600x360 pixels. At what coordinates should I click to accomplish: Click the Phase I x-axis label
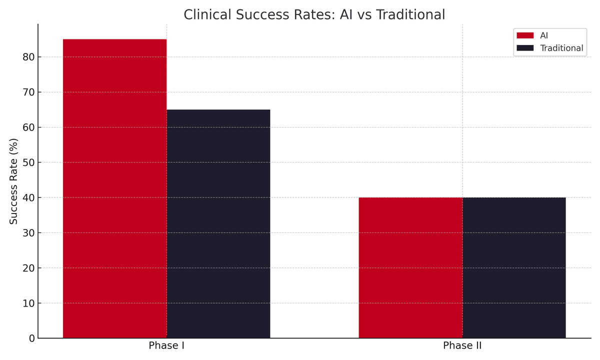pyautogui.click(x=166, y=346)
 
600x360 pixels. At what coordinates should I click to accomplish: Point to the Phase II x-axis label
pyautogui.click(x=462, y=346)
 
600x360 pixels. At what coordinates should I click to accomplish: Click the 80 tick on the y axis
pyautogui.click(x=28, y=57)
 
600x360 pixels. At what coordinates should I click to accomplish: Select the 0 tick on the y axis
pyautogui.click(x=32, y=338)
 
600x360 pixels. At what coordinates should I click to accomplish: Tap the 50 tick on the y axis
pyautogui.click(x=28, y=162)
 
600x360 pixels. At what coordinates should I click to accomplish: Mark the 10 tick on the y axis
pyautogui.click(x=28, y=303)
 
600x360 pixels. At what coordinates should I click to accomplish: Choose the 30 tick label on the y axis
pyautogui.click(x=28, y=233)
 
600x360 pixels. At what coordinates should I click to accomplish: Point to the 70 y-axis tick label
pyautogui.click(x=28, y=92)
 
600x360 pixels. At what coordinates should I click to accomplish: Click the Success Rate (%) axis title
pyautogui.click(x=14, y=181)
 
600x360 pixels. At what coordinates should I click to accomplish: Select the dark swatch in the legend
pyautogui.click(x=525, y=48)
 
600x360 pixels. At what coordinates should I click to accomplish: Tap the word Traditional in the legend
pyautogui.click(x=561, y=48)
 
